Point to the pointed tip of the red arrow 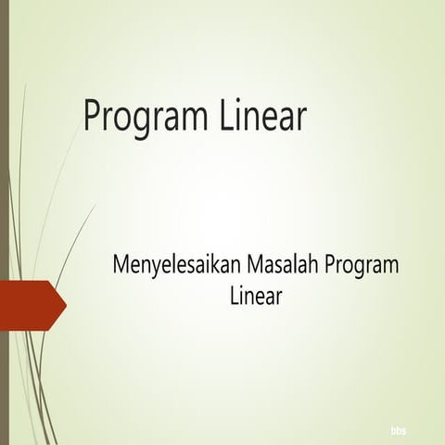point(66,302)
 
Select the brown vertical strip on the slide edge point(5,222)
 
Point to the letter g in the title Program point(143,122)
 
